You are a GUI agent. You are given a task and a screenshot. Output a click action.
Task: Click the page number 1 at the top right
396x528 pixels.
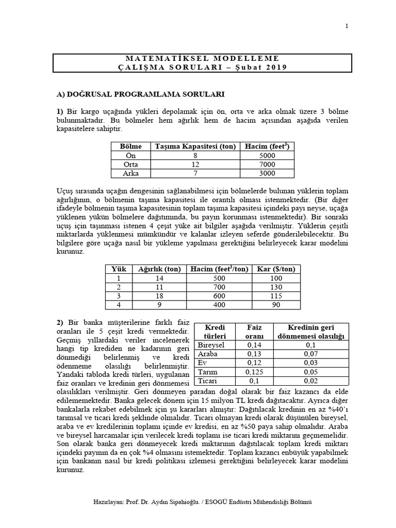coord(346,26)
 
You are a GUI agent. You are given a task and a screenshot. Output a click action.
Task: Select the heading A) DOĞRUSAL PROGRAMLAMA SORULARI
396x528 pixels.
coord(140,94)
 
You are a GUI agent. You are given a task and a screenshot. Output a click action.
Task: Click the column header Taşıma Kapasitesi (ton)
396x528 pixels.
coord(195,146)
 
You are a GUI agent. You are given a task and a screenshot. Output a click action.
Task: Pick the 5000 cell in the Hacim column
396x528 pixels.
coord(267,155)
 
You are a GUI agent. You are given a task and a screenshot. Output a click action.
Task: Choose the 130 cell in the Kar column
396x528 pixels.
coord(276,287)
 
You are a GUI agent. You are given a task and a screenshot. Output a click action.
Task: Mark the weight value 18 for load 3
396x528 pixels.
coord(159,296)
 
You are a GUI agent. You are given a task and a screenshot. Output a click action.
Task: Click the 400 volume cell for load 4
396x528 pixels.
coord(219,305)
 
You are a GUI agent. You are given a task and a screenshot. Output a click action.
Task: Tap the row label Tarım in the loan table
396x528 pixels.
coord(207,372)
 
